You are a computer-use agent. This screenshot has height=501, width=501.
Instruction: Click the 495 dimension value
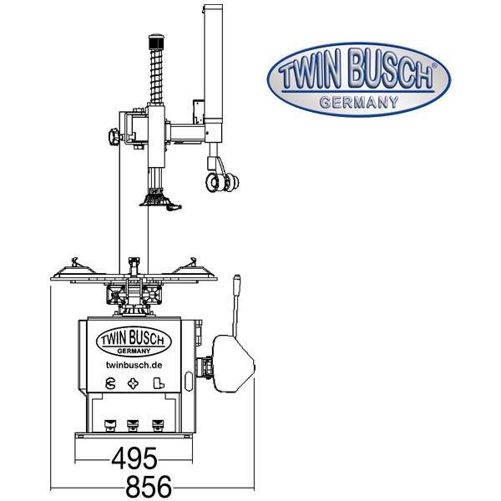134,458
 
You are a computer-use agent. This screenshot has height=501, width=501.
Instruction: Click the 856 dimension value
149,487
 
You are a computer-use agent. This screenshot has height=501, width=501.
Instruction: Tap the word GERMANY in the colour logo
359,102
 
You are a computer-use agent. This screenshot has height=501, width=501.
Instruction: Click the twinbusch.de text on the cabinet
134,365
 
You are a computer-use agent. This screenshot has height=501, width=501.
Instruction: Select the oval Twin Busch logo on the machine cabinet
134,341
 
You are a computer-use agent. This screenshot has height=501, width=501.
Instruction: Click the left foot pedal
109,425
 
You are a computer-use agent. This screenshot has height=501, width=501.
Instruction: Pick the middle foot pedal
133,425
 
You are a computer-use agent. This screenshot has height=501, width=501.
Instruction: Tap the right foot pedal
157,425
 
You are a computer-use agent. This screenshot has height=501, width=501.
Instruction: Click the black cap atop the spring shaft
156,41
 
